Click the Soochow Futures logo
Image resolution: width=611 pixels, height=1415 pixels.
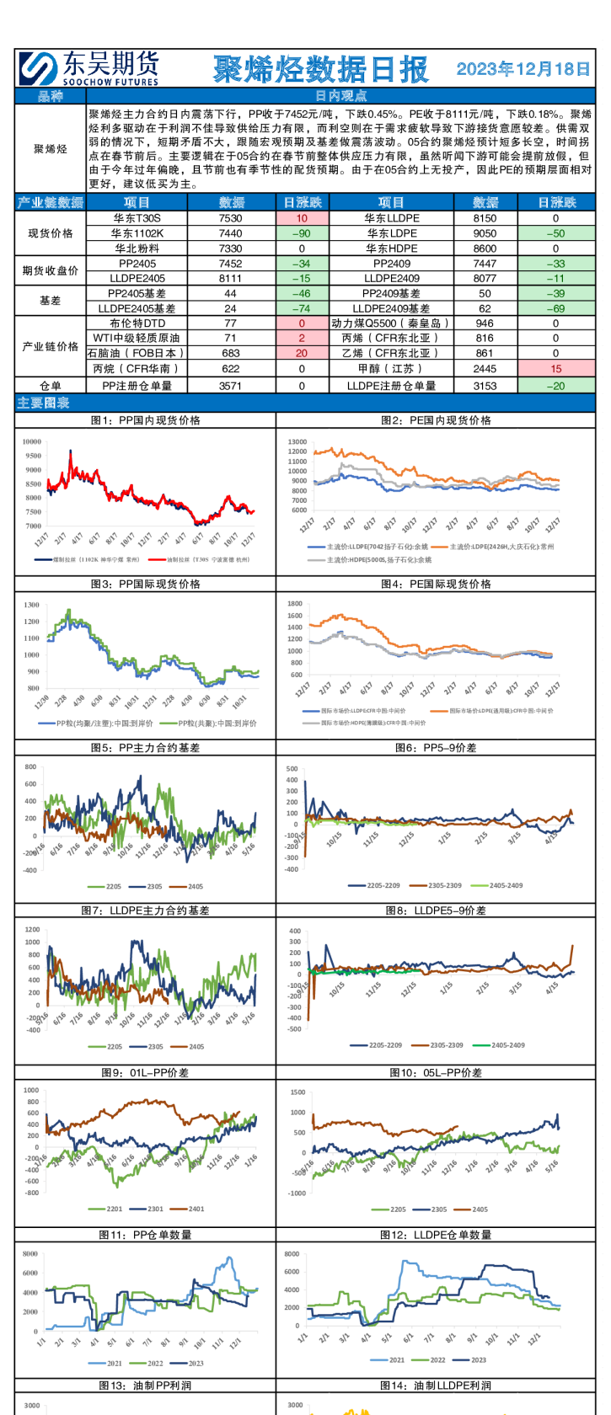click(88, 67)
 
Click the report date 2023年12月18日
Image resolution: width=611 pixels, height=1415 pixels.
click(523, 69)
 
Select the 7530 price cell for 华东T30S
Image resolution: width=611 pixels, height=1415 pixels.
click(230, 218)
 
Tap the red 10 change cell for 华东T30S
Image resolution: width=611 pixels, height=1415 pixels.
click(302, 218)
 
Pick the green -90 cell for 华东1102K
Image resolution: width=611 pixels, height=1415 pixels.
click(302, 233)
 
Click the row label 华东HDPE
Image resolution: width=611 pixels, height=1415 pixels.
click(391, 248)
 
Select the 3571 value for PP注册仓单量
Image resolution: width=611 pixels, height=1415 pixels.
click(230, 386)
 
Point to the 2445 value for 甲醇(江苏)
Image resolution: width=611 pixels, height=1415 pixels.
click(485, 369)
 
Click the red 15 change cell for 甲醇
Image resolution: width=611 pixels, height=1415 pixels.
click(555, 369)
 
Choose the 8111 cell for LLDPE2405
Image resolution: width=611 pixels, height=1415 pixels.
click(230, 278)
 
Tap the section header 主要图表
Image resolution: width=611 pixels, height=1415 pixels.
click(43, 403)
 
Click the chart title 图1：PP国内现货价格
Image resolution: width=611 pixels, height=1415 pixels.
click(145, 420)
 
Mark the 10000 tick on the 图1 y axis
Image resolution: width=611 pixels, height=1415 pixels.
click(32, 441)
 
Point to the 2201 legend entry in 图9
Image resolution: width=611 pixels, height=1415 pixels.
click(115, 1209)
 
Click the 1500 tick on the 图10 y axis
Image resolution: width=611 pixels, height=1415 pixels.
click(297, 1092)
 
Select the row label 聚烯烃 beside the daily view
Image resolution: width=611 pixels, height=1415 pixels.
click(51, 149)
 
